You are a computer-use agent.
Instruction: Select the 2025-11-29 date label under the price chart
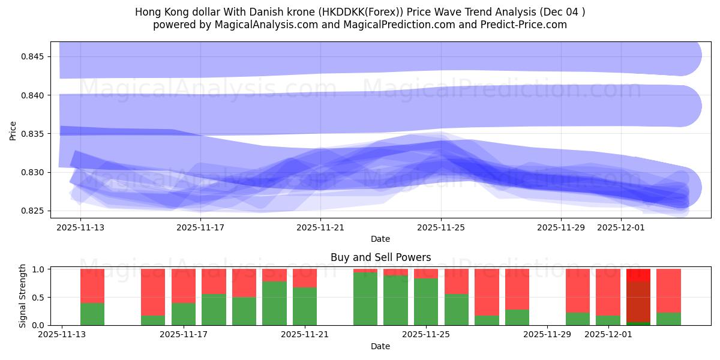560,227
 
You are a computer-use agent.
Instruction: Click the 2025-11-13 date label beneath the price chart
80,227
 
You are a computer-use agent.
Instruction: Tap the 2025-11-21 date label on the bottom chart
305,334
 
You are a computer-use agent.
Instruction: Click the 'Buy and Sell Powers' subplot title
380,257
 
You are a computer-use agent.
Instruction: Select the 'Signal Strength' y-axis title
22,296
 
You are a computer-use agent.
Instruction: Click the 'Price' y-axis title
13,130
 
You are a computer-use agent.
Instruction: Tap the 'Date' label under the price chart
380,239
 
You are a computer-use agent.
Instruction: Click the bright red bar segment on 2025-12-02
638,275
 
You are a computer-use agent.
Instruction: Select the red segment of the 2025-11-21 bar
305,278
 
